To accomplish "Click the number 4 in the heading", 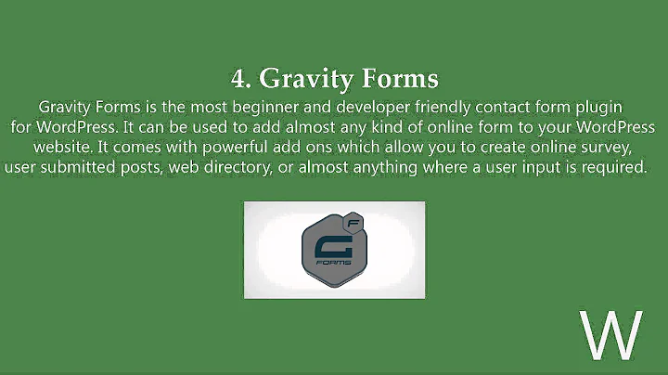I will click(238, 76).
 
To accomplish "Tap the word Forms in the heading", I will click(392, 76).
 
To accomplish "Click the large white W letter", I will click(610, 335).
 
